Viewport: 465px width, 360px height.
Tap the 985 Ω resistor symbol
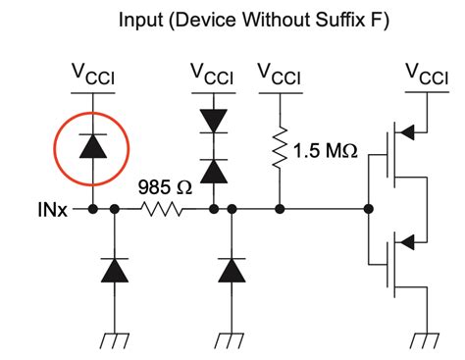pyautogui.click(x=161, y=209)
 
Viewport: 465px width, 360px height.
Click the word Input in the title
pyautogui.click(x=142, y=19)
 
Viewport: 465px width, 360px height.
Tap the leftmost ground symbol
pyautogui.click(x=116, y=340)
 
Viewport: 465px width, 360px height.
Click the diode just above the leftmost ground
pyautogui.click(x=116, y=269)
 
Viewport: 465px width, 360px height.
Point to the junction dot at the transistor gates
pyautogui.click(x=368, y=209)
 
